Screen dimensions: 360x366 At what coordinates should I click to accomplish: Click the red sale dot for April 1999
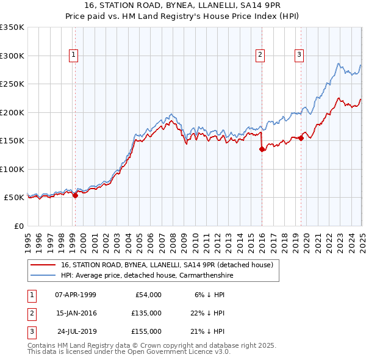click(75, 196)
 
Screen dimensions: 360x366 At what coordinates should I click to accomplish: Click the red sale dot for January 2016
click(262, 148)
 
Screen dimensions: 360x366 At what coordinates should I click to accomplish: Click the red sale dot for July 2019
click(301, 139)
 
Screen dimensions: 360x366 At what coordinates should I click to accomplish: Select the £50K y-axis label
click(14, 198)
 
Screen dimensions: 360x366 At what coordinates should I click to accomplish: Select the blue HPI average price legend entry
click(147, 276)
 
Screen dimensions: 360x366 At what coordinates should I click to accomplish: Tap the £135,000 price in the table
click(147, 314)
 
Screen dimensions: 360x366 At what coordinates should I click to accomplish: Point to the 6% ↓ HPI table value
click(209, 295)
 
